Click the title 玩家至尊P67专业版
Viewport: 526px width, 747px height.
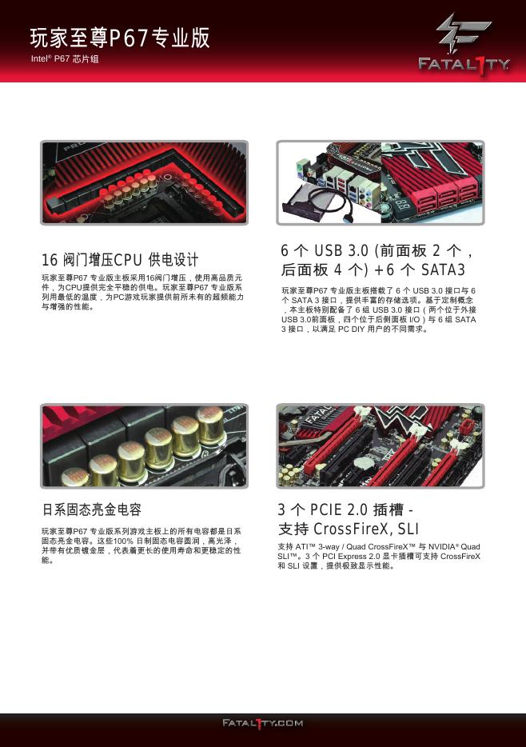pos(120,38)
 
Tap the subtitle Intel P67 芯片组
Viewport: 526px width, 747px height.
pos(65,59)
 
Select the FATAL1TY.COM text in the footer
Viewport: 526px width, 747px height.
pos(263,723)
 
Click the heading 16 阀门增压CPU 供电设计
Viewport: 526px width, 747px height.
pos(120,260)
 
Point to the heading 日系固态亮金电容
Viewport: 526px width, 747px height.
pos(92,509)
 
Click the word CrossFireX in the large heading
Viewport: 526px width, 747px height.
pos(353,529)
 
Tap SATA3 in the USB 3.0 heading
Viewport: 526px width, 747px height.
pos(443,270)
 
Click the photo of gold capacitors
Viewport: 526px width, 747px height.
pos(144,446)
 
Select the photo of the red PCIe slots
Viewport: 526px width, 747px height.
pos(381,446)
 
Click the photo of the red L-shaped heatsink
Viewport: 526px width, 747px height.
pos(144,182)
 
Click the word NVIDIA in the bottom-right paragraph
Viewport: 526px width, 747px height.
pos(444,547)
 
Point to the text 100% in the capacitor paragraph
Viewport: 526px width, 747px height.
pos(123,541)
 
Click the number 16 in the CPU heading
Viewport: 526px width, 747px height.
pos(50,260)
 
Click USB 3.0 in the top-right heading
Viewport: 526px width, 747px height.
pos(341,250)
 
